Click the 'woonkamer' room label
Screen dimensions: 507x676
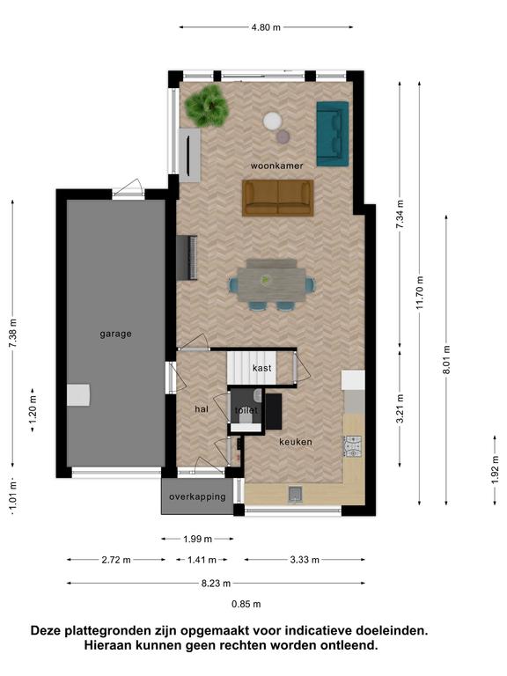(x=276, y=165)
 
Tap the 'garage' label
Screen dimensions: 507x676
(x=115, y=334)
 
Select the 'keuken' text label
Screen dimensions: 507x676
(x=296, y=442)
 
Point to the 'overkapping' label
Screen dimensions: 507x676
(x=197, y=496)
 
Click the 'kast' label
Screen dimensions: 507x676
(x=262, y=368)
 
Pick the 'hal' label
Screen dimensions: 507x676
(x=202, y=408)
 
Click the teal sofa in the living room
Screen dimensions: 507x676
(x=333, y=134)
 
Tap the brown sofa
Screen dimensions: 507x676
(x=277, y=197)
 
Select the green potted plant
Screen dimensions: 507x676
(x=207, y=106)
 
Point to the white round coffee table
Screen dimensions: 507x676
(x=273, y=121)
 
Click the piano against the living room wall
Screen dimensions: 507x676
(x=187, y=258)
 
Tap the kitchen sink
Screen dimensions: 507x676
(x=296, y=495)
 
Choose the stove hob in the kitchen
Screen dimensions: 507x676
(x=353, y=446)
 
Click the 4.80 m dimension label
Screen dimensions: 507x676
(x=266, y=27)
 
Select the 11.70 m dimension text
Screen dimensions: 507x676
(x=421, y=292)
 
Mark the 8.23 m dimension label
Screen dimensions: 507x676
(x=216, y=584)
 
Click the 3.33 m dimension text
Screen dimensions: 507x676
(x=305, y=560)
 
